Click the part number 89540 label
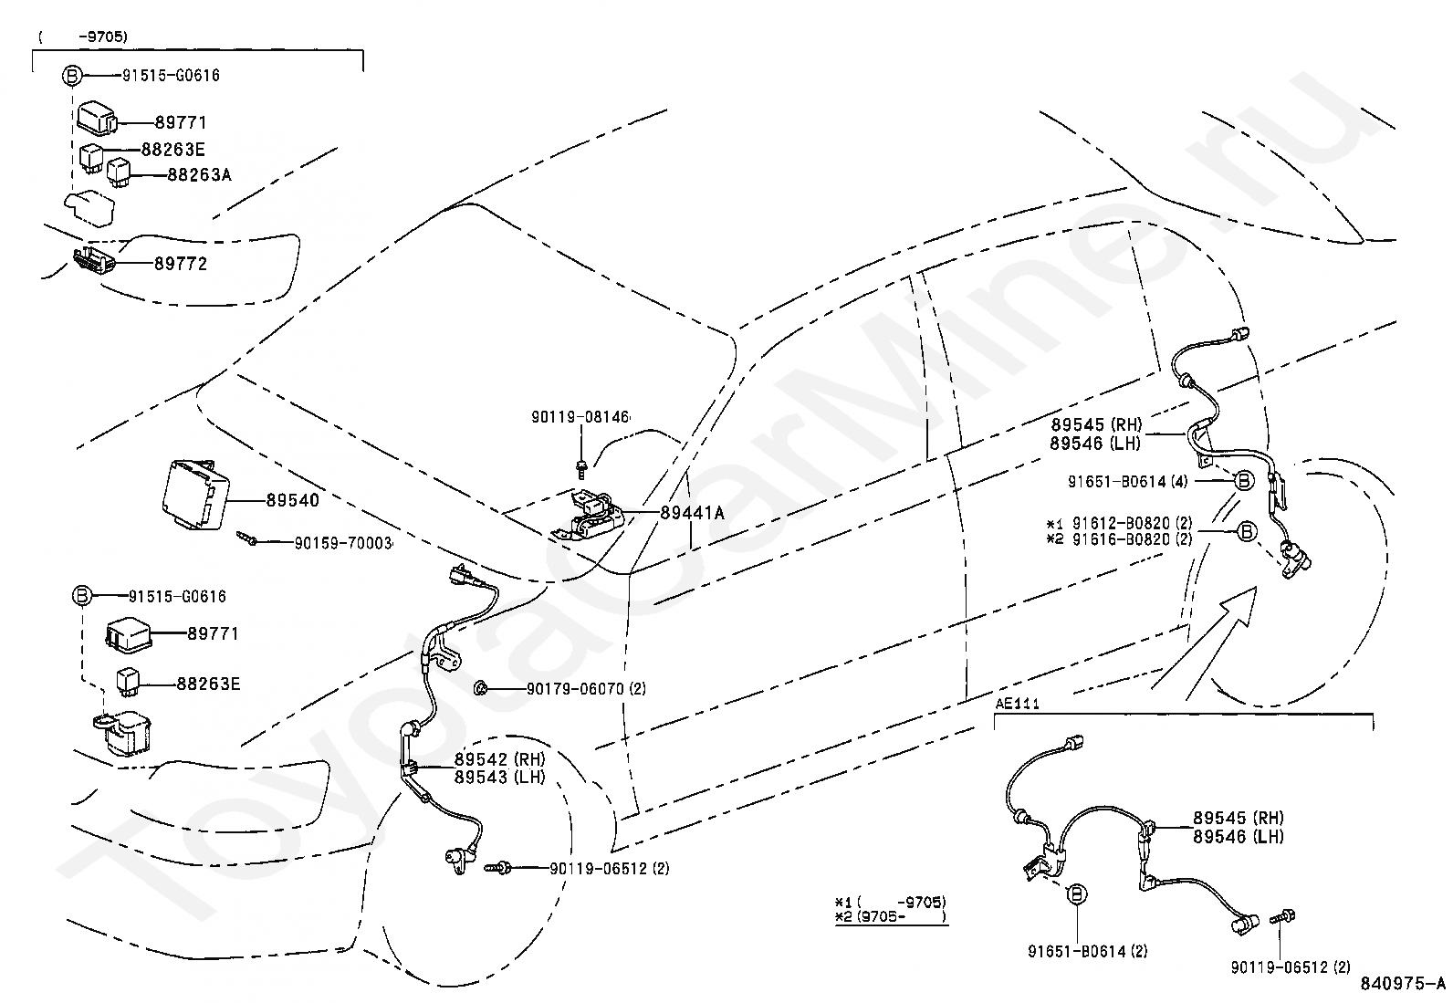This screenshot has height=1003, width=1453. tap(292, 500)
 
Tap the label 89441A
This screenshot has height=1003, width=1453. tap(693, 513)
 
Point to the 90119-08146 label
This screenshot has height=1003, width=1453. tap(580, 416)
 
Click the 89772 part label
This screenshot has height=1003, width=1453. tap(181, 264)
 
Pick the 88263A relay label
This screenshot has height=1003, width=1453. tap(199, 174)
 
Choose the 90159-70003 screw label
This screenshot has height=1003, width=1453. tap(343, 542)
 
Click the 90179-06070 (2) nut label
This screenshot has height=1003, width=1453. tap(585, 689)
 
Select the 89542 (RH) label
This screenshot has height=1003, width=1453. tap(499, 759)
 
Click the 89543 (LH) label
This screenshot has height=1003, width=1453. tap(499, 778)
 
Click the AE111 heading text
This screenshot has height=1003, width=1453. tap(1017, 704)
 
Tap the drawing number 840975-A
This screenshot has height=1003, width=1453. tap(1403, 984)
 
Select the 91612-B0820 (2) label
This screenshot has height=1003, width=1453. tap(1132, 523)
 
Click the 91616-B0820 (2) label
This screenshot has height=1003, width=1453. tap(1132, 538)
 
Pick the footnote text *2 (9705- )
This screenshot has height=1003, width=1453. tap(890, 915)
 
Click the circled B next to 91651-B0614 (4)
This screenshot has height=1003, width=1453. tap(1243, 480)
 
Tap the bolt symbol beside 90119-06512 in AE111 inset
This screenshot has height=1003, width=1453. tap(1288, 916)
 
